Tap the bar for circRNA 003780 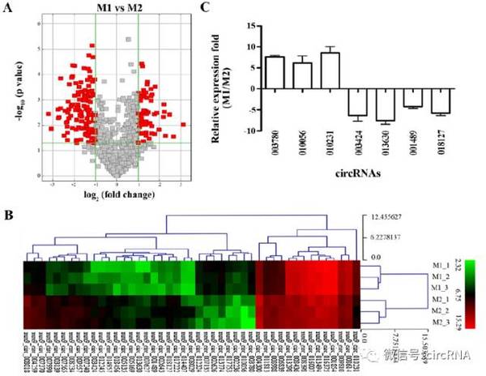pyautogui.click(x=275, y=73)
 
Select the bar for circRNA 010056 pyautogui.click(x=302, y=76)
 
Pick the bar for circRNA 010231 pyautogui.click(x=330, y=71)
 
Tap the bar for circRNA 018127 pyautogui.click(x=441, y=100)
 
